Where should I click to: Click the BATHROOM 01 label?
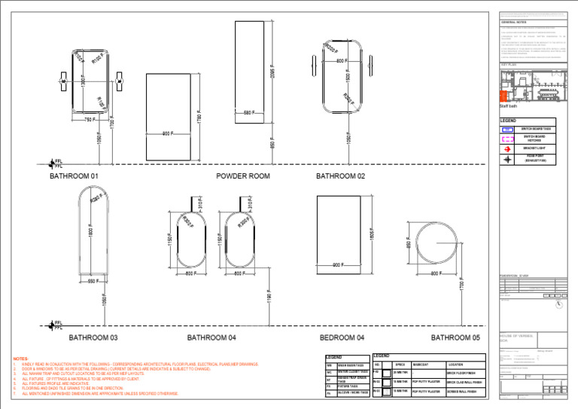[74, 176]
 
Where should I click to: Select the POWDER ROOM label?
[242, 176]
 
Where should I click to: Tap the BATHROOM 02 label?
[340, 176]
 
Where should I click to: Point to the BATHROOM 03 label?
[93, 338]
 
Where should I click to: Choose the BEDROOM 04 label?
[342, 338]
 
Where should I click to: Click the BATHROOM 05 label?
[455, 338]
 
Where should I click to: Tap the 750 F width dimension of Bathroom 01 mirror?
[90, 120]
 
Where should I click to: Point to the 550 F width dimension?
[93, 281]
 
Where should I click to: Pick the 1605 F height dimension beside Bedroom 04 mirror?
[372, 234]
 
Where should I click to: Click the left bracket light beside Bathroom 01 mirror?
[62, 78]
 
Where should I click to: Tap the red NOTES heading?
[20, 359]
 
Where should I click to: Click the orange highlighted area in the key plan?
[505, 95]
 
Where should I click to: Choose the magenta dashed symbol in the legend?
[508, 139]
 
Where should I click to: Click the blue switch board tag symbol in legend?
[508, 130]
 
